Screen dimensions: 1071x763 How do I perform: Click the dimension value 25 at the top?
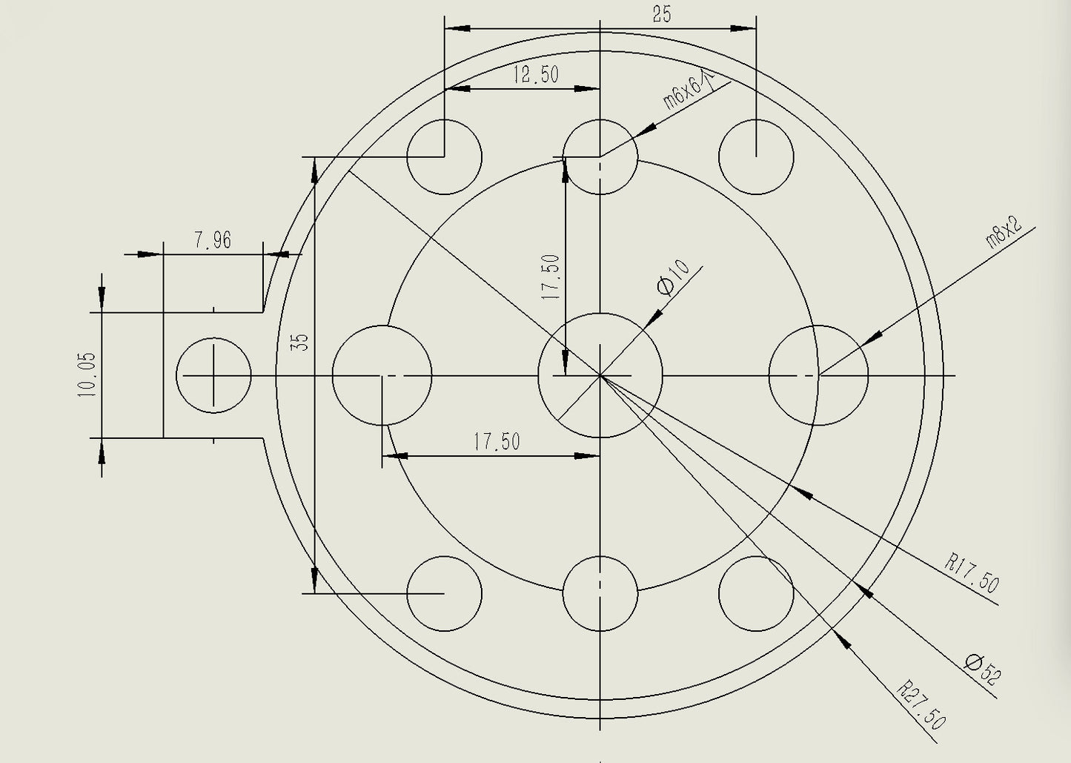662,15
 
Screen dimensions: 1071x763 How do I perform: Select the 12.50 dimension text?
536,75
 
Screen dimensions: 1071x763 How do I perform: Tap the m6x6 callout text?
688,90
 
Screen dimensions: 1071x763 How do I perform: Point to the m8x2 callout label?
1004,231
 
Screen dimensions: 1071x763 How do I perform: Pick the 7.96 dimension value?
213,240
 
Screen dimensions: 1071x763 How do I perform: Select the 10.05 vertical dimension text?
87,374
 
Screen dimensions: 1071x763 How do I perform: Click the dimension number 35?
299,342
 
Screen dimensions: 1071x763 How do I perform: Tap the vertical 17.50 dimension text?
550,277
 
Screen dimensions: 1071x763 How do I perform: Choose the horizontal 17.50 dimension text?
497,441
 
